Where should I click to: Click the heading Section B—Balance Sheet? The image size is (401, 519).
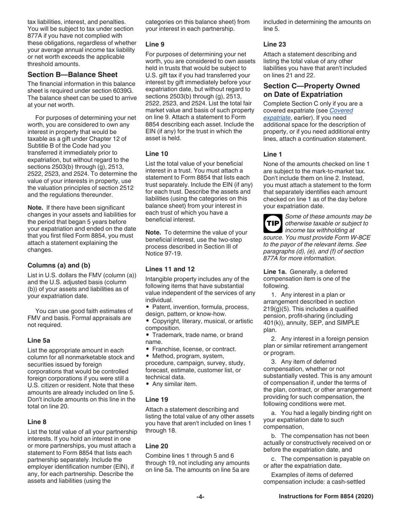coord(67,75)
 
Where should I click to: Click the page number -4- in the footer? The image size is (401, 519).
coord(200,497)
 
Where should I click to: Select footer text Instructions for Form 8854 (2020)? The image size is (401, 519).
coord(326,497)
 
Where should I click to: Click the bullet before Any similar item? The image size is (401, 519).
coord(147,384)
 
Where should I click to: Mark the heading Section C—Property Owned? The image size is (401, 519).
coord(312,86)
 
